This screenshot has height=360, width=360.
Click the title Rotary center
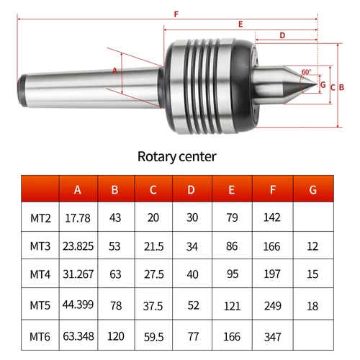[x=176, y=156]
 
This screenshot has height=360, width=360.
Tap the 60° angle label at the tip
[x=307, y=72]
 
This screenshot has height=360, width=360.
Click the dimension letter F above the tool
[x=176, y=14]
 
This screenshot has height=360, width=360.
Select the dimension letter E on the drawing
[x=240, y=24]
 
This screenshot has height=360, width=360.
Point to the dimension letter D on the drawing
[x=282, y=35]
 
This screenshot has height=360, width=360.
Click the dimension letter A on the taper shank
[x=114, y=71]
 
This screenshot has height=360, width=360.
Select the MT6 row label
[x=40, y=336]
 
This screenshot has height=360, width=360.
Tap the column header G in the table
[x=312, y=190]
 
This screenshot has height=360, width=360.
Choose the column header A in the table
[x=78, y=190]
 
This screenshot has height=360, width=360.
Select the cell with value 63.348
[x=78, y=336]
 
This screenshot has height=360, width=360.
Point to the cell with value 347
[x=272, y=336]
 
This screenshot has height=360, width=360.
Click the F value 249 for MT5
[x=272, y=306]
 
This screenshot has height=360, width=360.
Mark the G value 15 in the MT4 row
[x=312, y=276]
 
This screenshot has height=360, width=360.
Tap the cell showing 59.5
[x=153, y=336]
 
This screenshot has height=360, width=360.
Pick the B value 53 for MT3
[x=115, y=246]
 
